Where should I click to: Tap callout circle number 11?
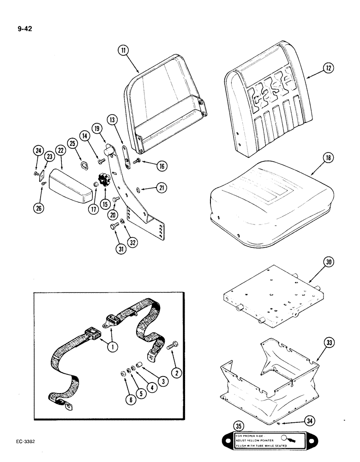123,51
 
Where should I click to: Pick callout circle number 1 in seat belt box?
111,346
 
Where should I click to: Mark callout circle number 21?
162,188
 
